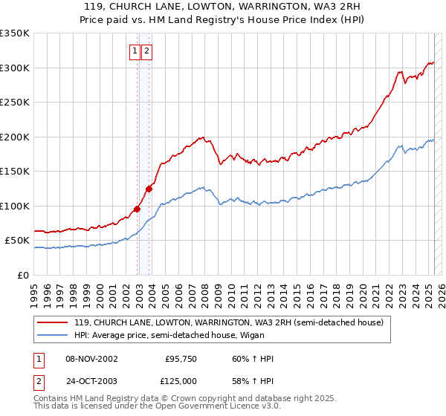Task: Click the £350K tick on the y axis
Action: [15, 33]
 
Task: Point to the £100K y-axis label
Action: [15, 206]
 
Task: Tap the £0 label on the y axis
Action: [24, 275]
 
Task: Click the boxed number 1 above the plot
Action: [135, 51]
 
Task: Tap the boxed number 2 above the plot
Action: [146, 51]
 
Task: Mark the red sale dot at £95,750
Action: [138, 209]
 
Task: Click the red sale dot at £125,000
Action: [149, 189]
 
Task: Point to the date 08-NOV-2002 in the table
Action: [91, 360]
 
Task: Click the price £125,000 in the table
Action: [180, 380]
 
